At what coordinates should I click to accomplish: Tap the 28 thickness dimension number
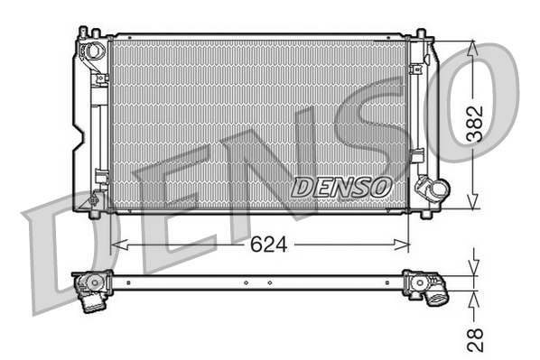(477, 337)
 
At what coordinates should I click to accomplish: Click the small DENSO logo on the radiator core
(341, 186)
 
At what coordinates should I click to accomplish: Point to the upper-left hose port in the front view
(91, 50)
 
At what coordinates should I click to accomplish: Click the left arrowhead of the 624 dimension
(116, 245)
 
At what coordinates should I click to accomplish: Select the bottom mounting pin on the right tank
(421, 214)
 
